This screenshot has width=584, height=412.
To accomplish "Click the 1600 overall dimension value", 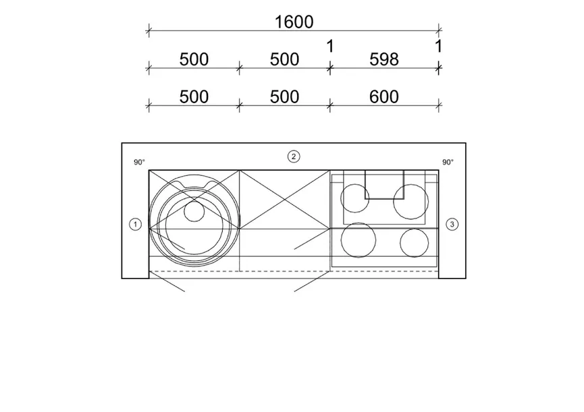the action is [294, 22].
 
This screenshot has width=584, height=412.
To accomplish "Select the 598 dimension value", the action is [384, 59].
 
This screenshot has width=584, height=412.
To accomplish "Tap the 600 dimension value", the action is [384, 97].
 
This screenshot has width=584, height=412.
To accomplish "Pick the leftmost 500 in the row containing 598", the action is [194, 59].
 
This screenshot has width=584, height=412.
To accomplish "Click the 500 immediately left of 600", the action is [284, 97].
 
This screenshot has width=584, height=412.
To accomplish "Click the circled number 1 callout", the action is [135, 225].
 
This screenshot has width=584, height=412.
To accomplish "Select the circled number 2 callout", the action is [294, 156].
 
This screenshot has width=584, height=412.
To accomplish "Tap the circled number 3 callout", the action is [452, 225].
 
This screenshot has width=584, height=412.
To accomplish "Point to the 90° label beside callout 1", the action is [139, 162].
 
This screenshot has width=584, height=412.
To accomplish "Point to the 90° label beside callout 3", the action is [448, 162].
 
